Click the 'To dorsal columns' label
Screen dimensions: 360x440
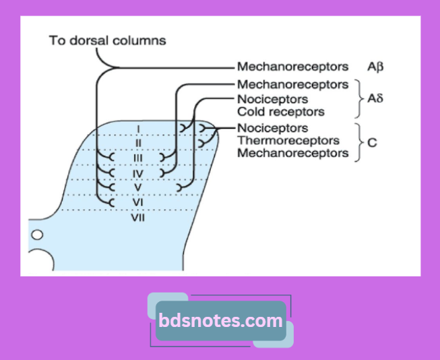107,40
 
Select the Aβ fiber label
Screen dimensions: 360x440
376,67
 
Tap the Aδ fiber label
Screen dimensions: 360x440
375,98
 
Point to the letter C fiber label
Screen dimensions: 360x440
372,143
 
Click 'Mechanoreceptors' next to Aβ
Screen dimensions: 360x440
292,67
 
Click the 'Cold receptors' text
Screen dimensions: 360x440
280,112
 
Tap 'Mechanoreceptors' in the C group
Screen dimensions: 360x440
292,153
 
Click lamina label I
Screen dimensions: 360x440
137,128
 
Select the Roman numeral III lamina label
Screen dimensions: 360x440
137,158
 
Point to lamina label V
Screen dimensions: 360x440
137,187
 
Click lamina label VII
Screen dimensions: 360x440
138,217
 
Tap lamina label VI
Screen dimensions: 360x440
137,202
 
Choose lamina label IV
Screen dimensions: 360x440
137,173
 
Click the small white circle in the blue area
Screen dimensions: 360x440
37,235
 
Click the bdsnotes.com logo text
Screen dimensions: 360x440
220,321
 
